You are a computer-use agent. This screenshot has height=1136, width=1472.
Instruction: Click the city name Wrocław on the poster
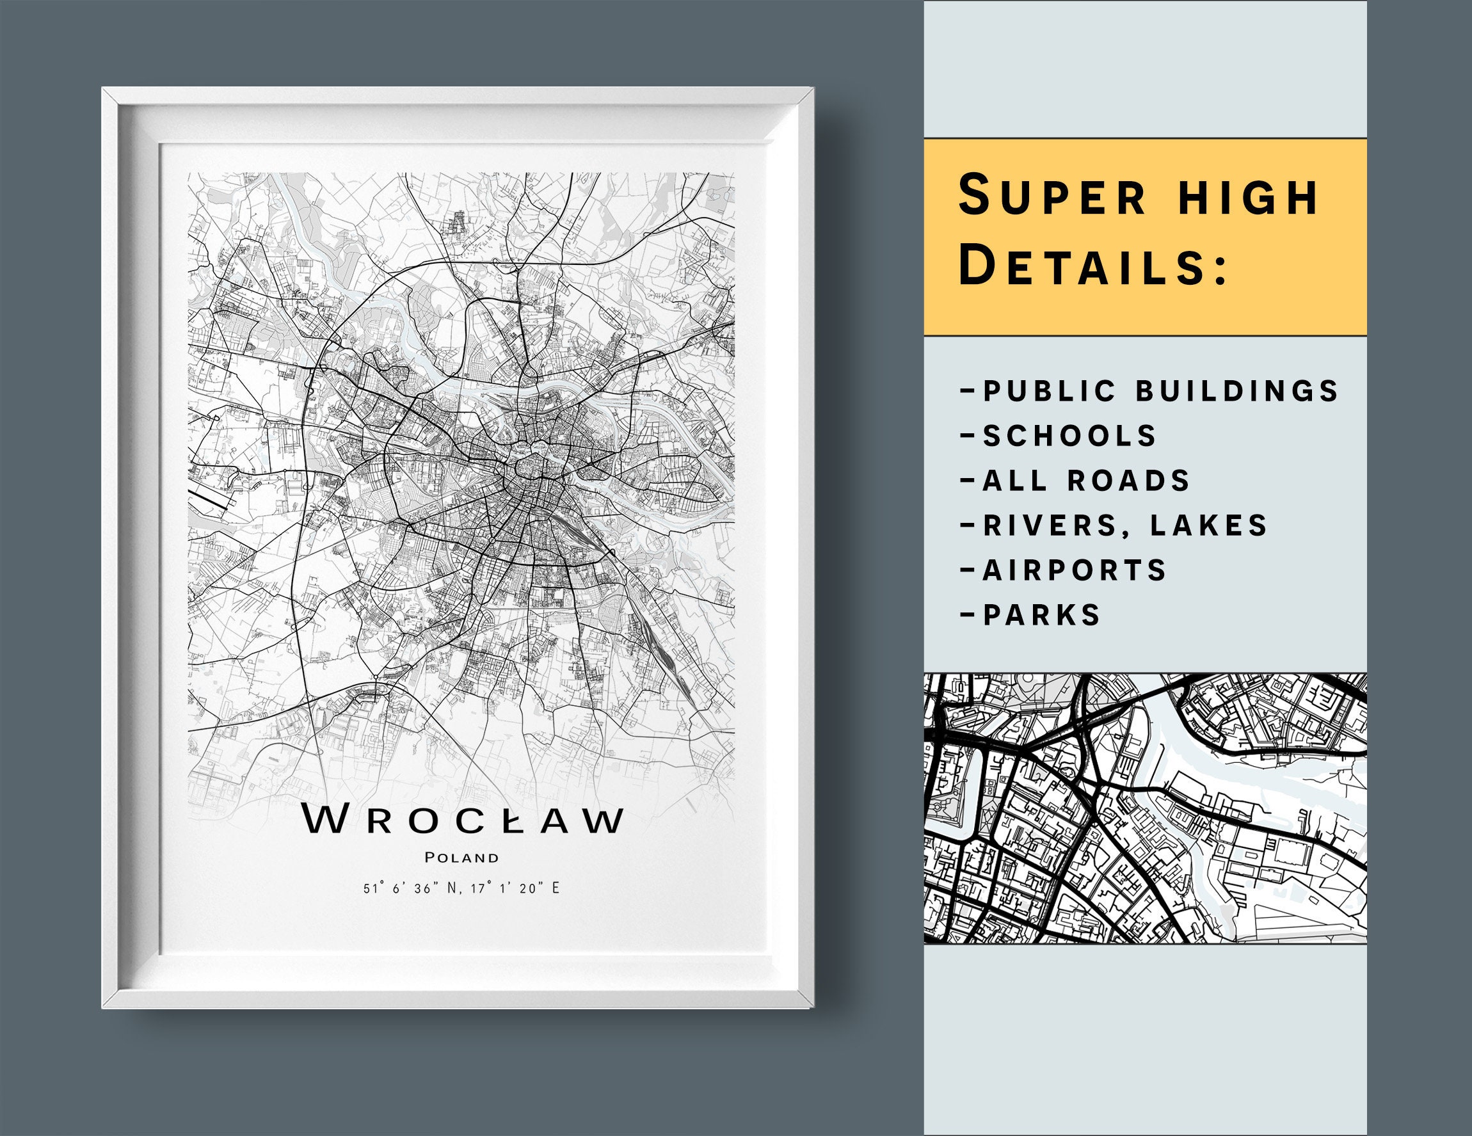(x=462, y=819)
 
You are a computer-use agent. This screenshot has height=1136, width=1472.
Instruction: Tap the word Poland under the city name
(x=462, y=858)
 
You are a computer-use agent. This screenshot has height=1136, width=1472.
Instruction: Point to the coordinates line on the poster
(x=461, y=888)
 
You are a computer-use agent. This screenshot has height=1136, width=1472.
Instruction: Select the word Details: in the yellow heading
(x=1092, y=266)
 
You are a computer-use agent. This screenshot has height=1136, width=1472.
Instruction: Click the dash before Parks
(x=967, y=615)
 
